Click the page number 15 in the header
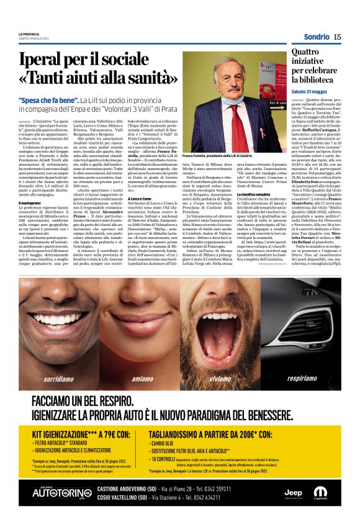tap(337, 37)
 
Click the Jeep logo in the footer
tap(294, 492)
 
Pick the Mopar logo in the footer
tap(321, 492)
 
